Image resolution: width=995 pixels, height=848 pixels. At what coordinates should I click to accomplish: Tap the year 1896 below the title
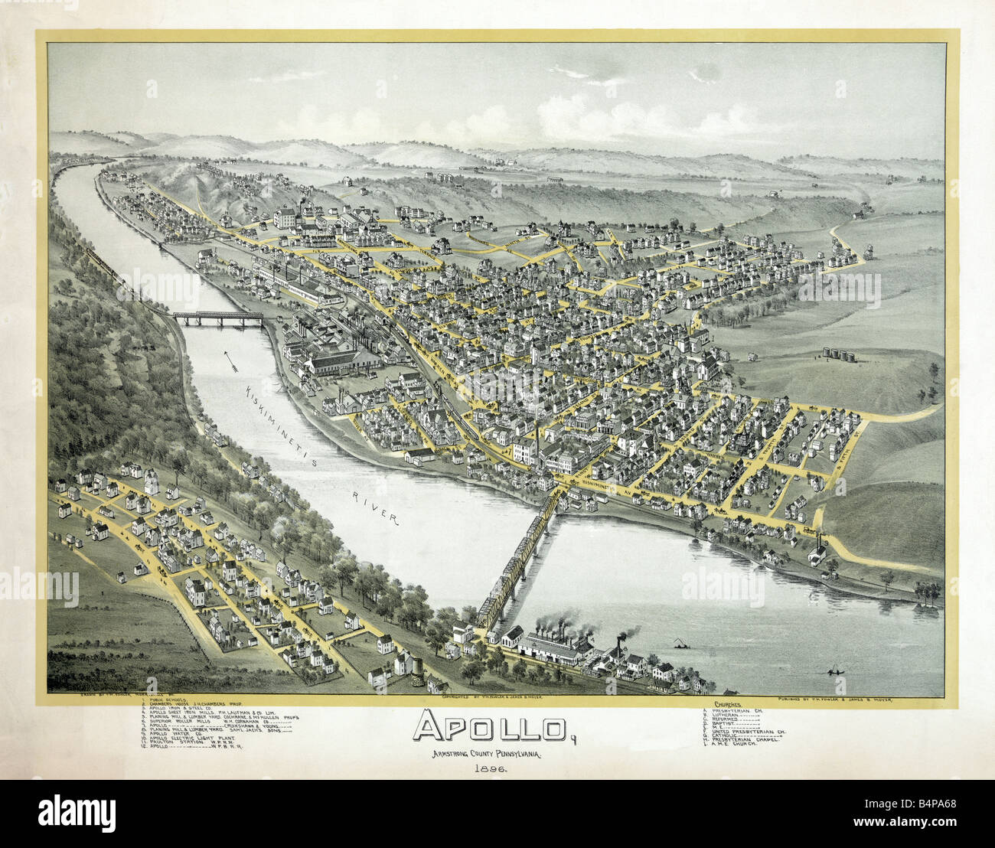(x=491, y=768)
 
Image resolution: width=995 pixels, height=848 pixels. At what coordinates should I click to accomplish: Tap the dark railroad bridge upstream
(x=217, y=317)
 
